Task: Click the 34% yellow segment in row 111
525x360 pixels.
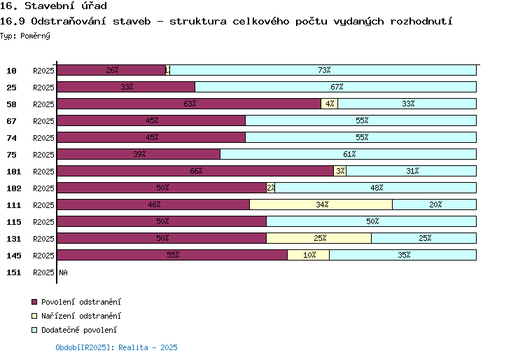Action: point(321,205)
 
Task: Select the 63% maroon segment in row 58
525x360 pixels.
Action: point(189,104)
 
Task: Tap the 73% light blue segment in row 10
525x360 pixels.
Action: point(323,70)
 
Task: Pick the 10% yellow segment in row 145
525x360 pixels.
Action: point(309,255)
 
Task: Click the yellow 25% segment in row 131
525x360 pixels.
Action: point(318,238)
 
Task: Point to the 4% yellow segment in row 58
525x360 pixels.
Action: point(330,104)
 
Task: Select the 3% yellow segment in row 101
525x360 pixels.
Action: point(339,171)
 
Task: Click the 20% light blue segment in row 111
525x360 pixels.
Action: point(434,205)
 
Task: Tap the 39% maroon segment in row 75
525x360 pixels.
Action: point(139,154)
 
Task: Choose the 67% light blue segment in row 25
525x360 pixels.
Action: point(335,87)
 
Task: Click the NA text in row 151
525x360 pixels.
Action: point(63,272)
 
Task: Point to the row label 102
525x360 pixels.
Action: point(14,188)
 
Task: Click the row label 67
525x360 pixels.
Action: point(11,121)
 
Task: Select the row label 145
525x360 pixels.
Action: point(14,256)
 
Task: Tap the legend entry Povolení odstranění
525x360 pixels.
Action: point(76,302)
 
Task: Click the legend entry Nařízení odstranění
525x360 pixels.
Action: point(76,316)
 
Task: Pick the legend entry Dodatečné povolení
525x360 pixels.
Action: point(74,330)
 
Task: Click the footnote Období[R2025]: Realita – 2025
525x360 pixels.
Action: point(116,347)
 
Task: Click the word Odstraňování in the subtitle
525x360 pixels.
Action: point(69,21)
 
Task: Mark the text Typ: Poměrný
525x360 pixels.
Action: point(25,36)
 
